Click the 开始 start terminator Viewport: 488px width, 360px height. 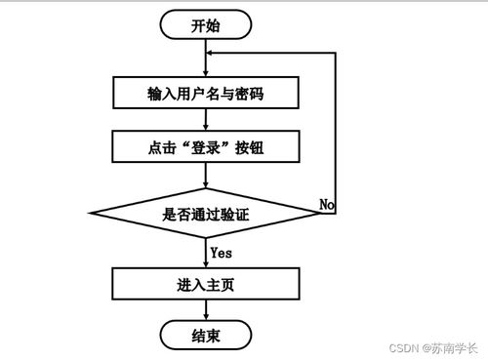pos(204,25)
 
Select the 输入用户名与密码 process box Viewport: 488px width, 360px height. pos(204,93)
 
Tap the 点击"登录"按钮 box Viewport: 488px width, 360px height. pos(204,147)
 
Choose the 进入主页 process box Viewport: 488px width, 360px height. pos(204,286)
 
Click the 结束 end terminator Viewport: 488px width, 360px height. pos(204,337)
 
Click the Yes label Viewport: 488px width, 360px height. pos(221,252)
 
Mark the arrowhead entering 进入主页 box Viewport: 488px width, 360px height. pos(204,265)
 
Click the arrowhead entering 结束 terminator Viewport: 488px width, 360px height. pos(204,319)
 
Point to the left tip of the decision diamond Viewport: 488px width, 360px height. pos(91,214)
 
